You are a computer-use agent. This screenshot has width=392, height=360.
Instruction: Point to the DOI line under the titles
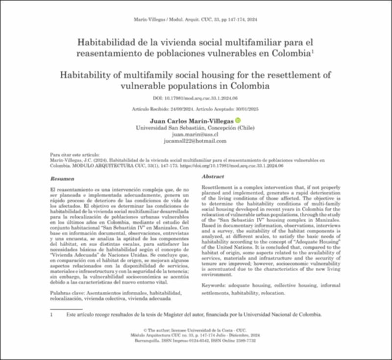pyautogui.click(x=196, y=99)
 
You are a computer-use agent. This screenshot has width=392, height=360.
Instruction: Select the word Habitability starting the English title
pyautogui.click(x=87, y=76)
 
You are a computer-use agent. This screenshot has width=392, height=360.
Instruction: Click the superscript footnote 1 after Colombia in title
pyautogui.click(x=313, y=51)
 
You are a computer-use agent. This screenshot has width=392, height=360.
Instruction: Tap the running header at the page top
pyautogui.click(x=196, y=20)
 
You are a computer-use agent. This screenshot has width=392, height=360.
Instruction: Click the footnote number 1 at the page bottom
pyautogui.click(x=52, y=314)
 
